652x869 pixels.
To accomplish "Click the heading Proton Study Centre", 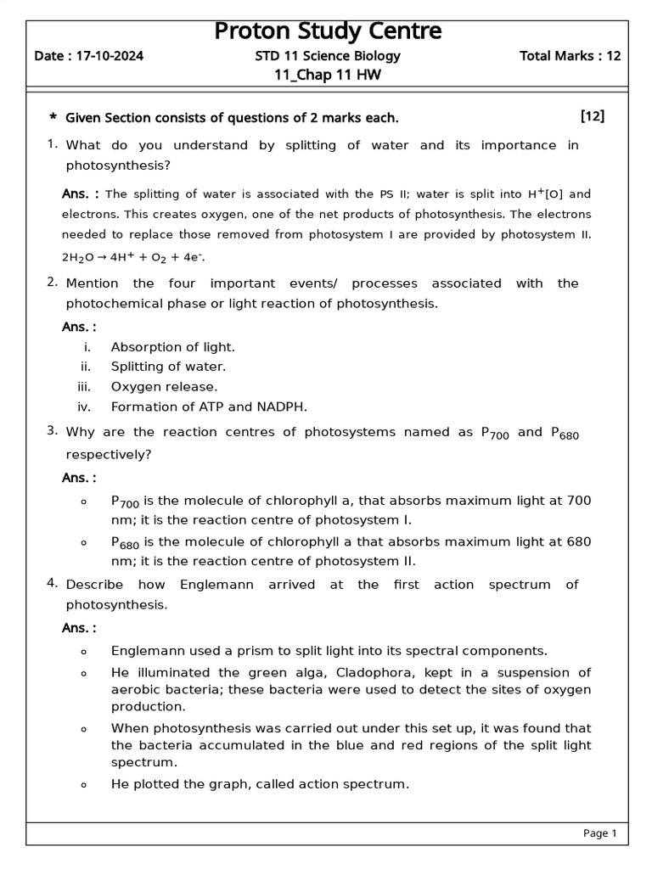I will coord(328,31).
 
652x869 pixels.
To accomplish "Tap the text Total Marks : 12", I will coord(570,57).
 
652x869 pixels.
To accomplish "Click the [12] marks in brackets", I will coord(592,116).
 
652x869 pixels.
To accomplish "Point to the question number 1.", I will coord(53,145).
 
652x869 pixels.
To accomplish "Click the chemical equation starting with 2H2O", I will coord(132,256).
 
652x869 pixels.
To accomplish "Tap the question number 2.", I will coord(53,283).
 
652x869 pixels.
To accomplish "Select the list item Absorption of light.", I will coord(173,347).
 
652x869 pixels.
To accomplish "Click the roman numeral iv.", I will coord(84,406).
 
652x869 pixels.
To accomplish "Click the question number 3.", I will coord(53,432).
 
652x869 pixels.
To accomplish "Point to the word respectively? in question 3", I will coord(109,454).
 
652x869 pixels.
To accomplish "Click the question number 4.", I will coord(53,584).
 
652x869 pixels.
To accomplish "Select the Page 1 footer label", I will coord(599,833).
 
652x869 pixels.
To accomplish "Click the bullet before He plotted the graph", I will coord(83,785).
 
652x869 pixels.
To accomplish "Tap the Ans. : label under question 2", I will coord(79,327).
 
